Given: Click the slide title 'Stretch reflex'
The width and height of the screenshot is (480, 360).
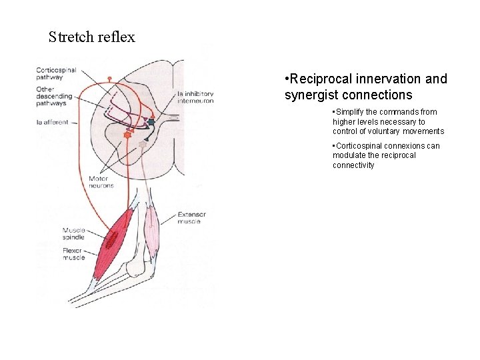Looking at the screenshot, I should tap(92, 37).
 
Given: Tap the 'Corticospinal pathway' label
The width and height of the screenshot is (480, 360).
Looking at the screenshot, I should tap(56, 73).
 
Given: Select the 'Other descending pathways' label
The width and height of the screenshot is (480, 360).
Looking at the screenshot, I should tap(54, 96).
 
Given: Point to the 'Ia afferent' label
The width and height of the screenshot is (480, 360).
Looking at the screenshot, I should tap(52, 122).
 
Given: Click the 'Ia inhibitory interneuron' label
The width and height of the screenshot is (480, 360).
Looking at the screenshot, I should tap(195, 97).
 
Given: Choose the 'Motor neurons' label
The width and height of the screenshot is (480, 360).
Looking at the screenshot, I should tap(101, 182).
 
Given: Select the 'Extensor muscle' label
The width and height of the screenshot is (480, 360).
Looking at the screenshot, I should tap(192, 217).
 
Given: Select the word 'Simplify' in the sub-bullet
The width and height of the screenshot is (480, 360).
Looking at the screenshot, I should tap(353, 112).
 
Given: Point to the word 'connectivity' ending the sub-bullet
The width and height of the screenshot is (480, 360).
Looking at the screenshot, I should tap(353, 165).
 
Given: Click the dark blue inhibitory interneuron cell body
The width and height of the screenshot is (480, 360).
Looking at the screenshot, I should tap(151, 122).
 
